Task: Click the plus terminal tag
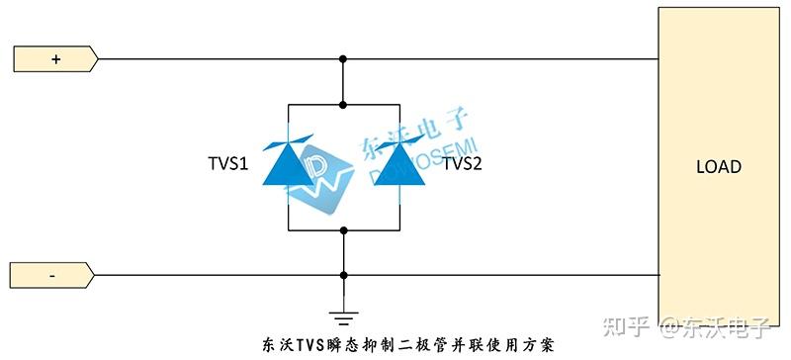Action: point(55,59)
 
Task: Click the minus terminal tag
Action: point(53,275)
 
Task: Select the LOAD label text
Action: point(719,167)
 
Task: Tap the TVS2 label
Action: point(462,163)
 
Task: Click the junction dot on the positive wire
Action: point(343,59)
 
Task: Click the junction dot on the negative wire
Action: point(343,275)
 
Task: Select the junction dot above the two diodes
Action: point(343,103)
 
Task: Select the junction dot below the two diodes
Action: point(343,229)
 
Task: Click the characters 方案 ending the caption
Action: point(539,345)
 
